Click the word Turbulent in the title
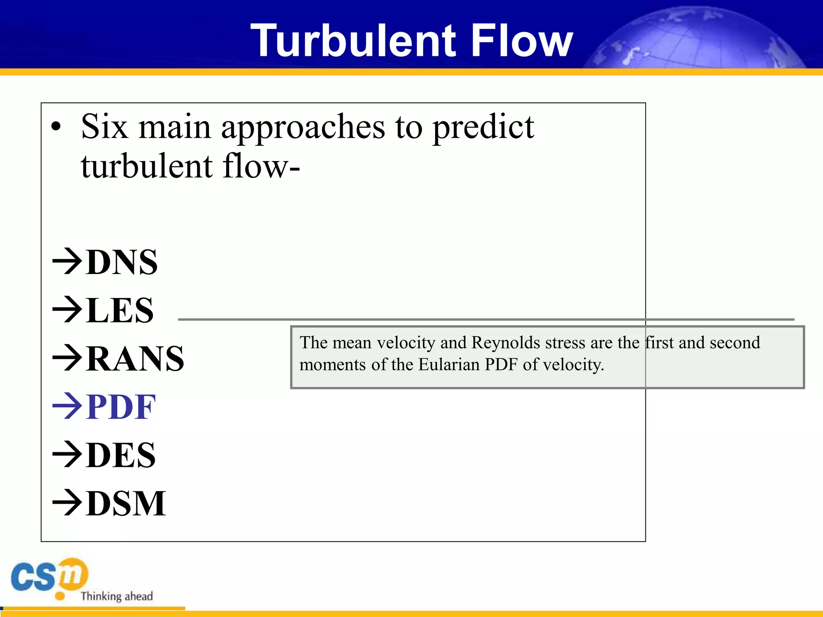(353, 40)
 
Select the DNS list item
(121, 262)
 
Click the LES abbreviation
(119, 310)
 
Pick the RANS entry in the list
(135, 358)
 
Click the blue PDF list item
(121, 407)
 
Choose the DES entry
(120, 455)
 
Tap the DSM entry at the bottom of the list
(125, 503)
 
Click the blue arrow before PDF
(68, 407)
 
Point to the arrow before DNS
(68, 262)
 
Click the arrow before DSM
(68, 503)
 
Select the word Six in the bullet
(104, 127)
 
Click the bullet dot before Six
(56, 127)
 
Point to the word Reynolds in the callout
(506, 343)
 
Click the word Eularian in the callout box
(449, 365)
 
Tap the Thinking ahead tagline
(117, 596)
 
